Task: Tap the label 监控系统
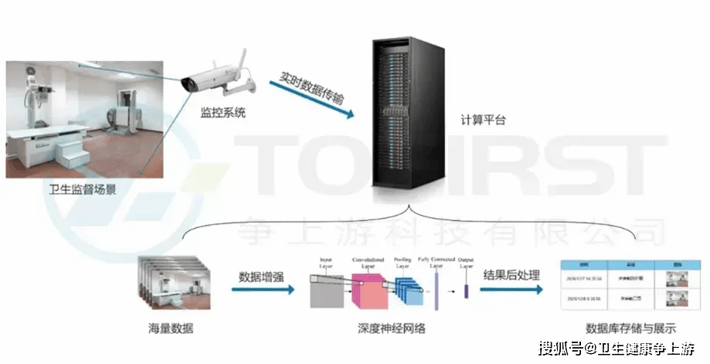tap(223, 113)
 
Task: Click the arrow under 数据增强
tap(263, 291)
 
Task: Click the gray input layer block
tap(325, 290)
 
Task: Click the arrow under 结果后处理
tap(511, 291)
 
